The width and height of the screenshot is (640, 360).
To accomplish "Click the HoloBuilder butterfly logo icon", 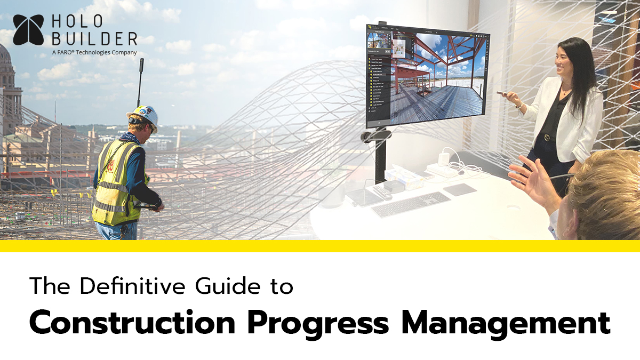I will pos(28,29).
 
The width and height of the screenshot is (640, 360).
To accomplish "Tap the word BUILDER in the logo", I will pos(94,39).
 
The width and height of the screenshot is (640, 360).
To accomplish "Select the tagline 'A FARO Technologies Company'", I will pos(94,52).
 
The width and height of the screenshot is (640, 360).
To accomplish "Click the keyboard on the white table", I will pos(411,204).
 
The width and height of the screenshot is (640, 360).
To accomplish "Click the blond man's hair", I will pos(608,187).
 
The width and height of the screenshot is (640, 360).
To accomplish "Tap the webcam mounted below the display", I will pos(375,137).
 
